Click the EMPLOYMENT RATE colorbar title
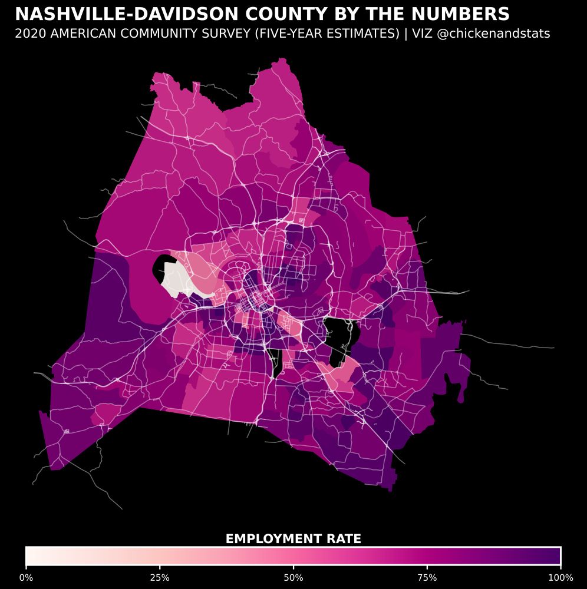pos(293,539)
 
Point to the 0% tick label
pos(26,577)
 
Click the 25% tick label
pos(160,577)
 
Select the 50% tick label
pos(293,577)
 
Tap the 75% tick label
pos(427,577)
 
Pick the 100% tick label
pos(560,577)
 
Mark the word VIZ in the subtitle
pos(422,34)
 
